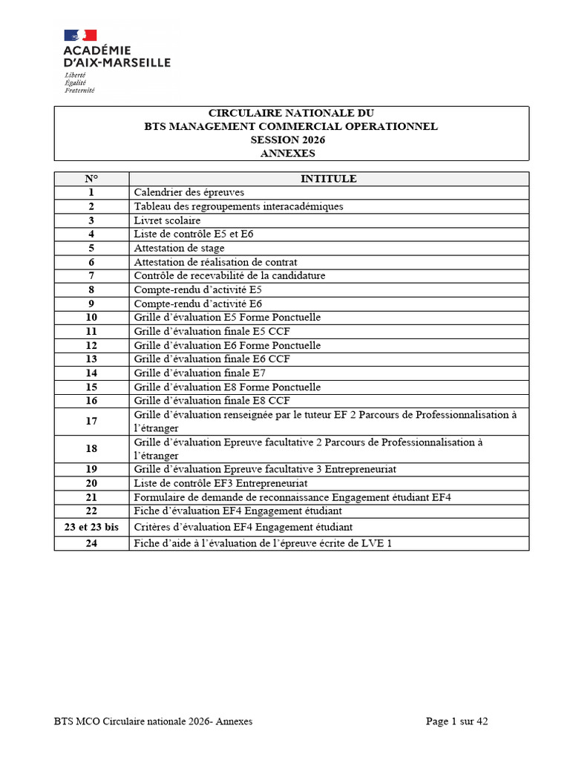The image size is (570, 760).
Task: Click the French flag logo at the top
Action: pos(80,35)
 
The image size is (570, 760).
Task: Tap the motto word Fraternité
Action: pos(79,91)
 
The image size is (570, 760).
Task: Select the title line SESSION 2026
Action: pos(291,140)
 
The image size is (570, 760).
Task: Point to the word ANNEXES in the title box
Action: pos(291,154)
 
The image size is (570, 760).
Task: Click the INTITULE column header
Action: pos(328,179)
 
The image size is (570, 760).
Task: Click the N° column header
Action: pos(91,179)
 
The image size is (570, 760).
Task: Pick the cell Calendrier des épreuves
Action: pos(189,192)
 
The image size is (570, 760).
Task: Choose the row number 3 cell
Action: pos(91,220)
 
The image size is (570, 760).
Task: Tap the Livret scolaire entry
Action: pos(167,220)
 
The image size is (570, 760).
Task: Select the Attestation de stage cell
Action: pos(179,248)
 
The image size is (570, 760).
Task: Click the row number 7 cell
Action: pos(91,275)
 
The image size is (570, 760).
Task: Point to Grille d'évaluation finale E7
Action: pos(200,373)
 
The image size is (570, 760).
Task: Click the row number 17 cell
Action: pos(91,422)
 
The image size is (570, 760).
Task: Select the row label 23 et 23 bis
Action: pos(91,527)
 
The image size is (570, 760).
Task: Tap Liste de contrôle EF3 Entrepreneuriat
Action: pos(220,483)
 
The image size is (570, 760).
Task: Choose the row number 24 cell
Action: pos(91,543)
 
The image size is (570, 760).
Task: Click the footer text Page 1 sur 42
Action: pos(457,721)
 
